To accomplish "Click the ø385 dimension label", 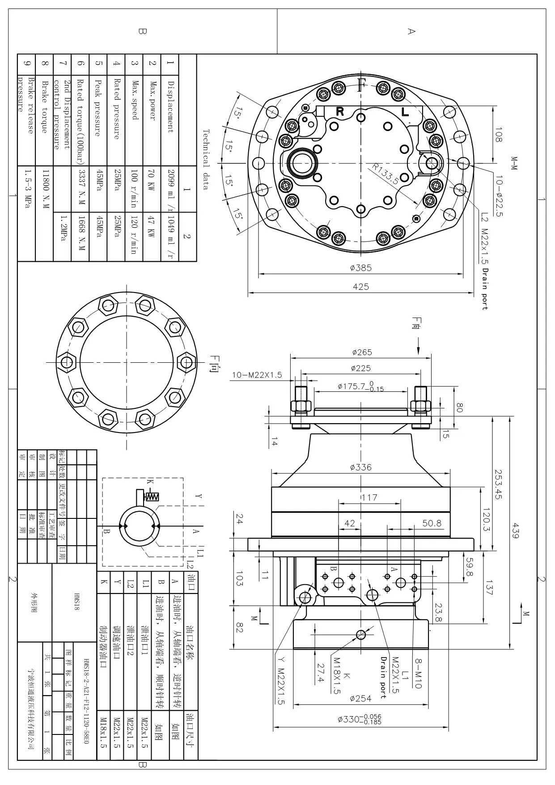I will pos(360,267).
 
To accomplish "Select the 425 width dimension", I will pos(360,286).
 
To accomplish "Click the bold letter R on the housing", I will pos(340,111).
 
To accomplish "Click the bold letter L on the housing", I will pos(405,111).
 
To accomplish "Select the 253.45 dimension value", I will pos(499,484).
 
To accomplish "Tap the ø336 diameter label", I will pos(360,467).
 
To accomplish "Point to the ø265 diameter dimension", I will pos(361,352).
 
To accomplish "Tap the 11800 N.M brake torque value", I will pos(45,188).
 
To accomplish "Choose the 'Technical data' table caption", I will pos(206,159).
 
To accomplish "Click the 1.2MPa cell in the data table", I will pos(63,227).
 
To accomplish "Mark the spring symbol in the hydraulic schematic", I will pos(153,496).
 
